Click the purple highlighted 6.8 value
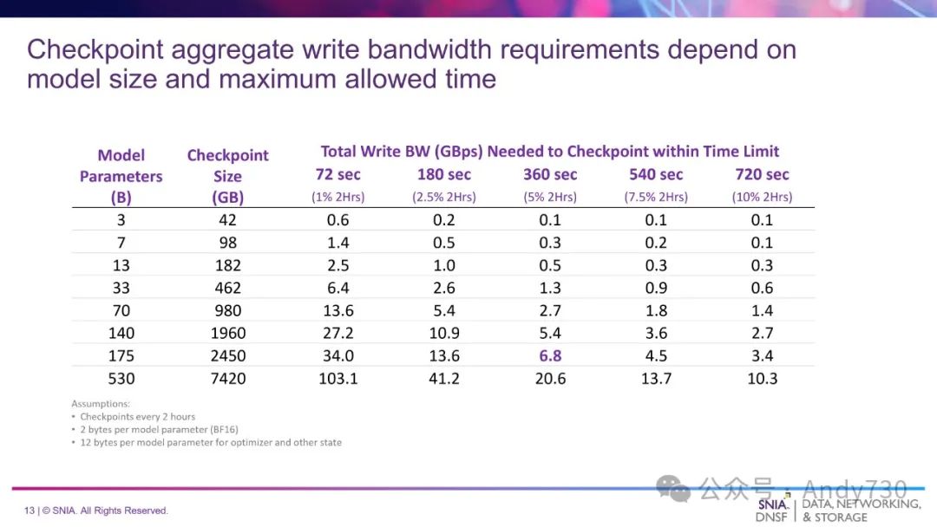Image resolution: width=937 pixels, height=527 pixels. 550,355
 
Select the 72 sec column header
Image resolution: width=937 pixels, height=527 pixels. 337,174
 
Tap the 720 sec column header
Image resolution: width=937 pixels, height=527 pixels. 762,174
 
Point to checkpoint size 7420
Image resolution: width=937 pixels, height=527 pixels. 227,378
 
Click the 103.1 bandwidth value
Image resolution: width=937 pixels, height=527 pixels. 338,378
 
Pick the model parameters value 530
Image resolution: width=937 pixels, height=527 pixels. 121,378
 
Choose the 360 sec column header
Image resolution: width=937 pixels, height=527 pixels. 550,174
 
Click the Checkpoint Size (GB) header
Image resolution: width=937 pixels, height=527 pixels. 227,176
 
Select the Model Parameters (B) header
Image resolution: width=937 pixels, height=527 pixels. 121,176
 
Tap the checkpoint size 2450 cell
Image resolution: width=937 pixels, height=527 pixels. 227,355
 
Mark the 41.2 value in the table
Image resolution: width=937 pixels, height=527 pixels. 444,378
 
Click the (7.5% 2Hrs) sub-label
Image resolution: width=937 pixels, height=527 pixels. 656,197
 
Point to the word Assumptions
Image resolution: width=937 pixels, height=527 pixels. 101,403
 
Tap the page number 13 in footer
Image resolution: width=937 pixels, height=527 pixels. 29,511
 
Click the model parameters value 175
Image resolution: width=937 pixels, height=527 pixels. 121,355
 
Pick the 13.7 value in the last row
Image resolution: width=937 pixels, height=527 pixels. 656,378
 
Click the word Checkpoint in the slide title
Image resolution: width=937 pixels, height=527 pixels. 95,49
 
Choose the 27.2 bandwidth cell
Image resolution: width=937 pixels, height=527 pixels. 338,333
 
